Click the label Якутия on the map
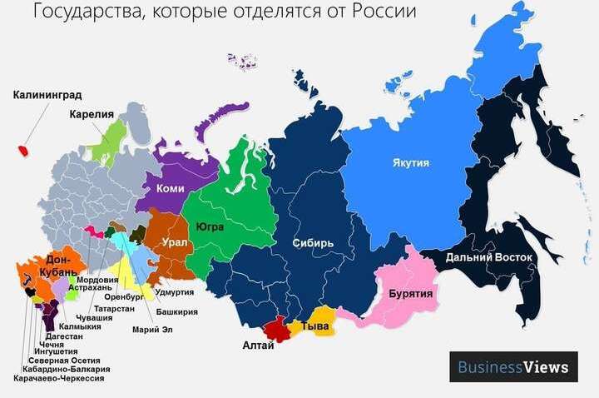(410, 163)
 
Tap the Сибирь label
(313, 243)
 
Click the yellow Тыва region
(318, 326)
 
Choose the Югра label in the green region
(210, 226)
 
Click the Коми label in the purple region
(170, 189)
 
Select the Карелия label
(91, 114)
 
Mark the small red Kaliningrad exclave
(24, 151)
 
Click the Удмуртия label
(175, 292)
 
